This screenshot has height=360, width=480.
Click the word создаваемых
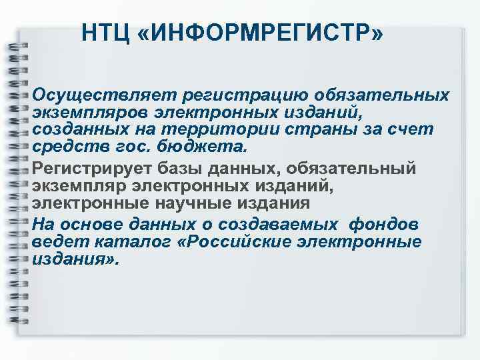point(273,223)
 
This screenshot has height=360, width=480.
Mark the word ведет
point(53,241)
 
